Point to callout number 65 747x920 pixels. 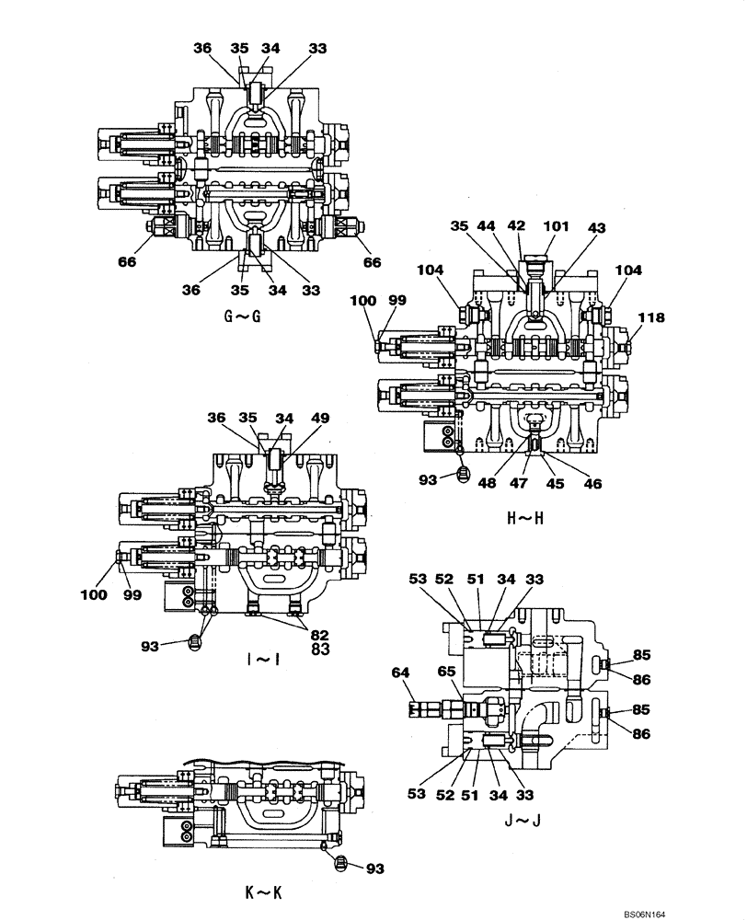[x=447, y=673]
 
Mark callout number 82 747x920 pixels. [x=319, y=636]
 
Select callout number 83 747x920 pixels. [x=319, y=650]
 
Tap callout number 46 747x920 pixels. [x=594, y=483]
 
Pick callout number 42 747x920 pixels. [x=517, y=225]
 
